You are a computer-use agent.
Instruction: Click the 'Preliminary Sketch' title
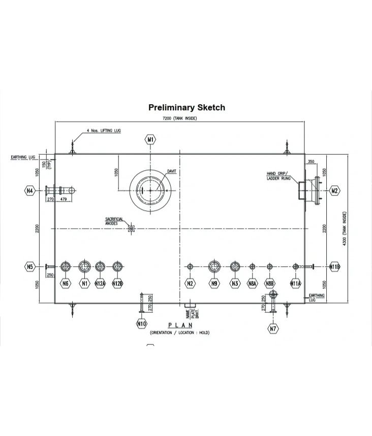[x=187, y=107]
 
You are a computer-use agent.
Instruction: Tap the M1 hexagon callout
[x=150, y=139]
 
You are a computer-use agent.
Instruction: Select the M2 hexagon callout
[x=334, y=191]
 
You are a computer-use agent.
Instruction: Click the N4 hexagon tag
[x=30, y=191]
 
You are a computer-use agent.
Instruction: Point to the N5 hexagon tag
[x=30, y=266]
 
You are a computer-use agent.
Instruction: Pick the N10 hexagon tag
[x=142, y=323]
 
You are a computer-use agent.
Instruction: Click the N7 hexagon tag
[x=273, y=328]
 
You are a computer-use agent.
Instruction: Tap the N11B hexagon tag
[x=335, y=266]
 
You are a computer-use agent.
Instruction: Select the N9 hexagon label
[x=214, y=283]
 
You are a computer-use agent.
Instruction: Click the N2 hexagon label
[x=190, y=283]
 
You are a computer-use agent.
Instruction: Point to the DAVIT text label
[x=172, y=171]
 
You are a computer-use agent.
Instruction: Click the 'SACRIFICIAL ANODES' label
[x=114, y=221]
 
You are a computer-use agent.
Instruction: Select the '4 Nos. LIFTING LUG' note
[x=104, y=131]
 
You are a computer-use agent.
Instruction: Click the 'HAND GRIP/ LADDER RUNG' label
[x=279, y=176]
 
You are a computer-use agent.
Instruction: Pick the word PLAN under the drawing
[x=180, y=325]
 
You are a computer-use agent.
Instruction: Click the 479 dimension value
[x=64, y=199]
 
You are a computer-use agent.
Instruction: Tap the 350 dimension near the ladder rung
[x=311, y=162]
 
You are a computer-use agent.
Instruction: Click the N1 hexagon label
[x=84, y=283]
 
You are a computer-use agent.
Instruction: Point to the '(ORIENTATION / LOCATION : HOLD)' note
[x=179, y=332]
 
